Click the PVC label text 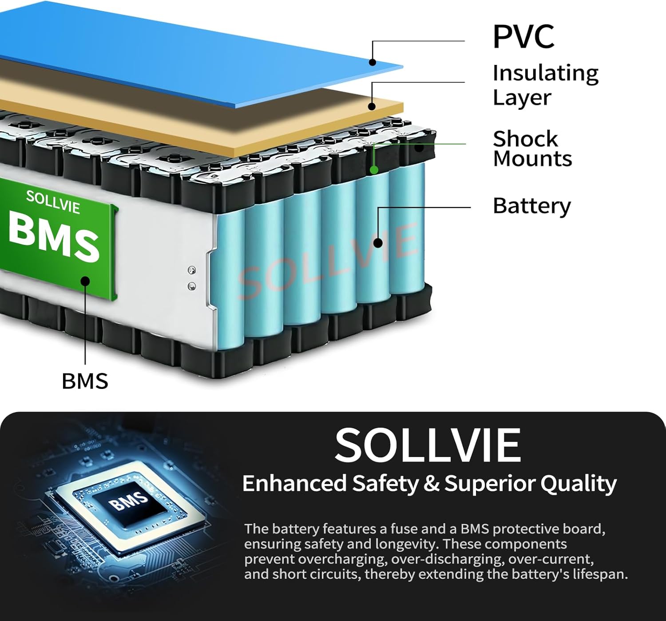tap(523, 36)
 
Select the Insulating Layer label tap(545, 85)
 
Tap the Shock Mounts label tap(532, 148)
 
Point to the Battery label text tap(531, 206)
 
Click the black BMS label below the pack tap(85, 381)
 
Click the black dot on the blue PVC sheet tap(373, 62)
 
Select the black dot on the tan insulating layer tap(372, 106)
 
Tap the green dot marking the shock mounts tap(374, 170)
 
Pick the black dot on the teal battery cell tap(378, 243)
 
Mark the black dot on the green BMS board tap(86, 280)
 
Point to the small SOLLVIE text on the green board tap(53, 202)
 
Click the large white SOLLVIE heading tap(428, 445)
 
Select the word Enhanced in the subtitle tap(294, 484)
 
